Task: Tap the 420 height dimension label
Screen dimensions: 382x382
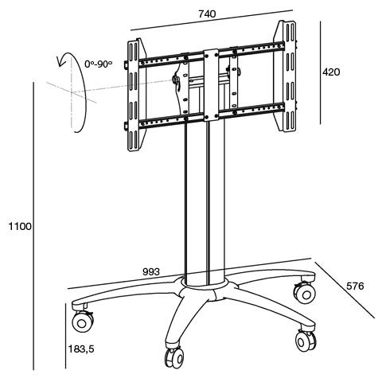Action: coord(331,72)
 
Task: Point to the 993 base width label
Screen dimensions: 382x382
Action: coord(151,271)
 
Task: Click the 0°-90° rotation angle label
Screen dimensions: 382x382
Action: coord(99,64)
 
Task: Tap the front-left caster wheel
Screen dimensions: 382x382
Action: coord(82,323)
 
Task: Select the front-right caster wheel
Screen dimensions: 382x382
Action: coord(304,341)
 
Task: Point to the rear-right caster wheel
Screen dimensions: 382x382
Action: coord(303,293)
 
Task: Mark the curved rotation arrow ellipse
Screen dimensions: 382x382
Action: coord(77,94)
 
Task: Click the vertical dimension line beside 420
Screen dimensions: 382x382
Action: coord(320,72)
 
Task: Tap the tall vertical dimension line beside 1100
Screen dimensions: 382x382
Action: coord(33,227)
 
